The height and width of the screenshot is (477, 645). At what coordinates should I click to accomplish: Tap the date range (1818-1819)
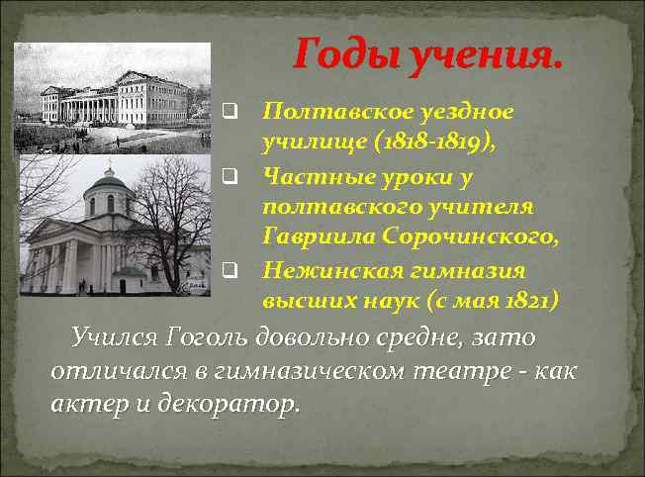pyautogui.click(x=435, y=143)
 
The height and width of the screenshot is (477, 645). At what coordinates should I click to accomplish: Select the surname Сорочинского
pyautogui.click(x=467, y=236)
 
